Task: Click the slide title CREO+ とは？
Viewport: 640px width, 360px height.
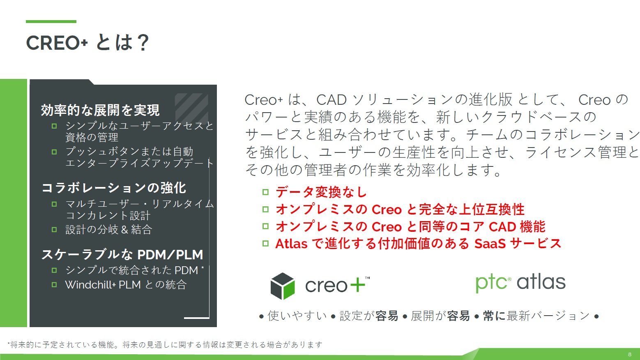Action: (87, 43)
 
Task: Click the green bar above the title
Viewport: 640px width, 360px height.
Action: (51, 21)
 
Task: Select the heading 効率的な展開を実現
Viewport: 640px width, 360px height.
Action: (100, 110)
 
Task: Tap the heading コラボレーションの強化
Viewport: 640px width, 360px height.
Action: (114, 188)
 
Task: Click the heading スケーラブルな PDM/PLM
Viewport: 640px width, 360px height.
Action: (122, 255)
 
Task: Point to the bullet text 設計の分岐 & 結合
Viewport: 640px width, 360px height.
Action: (108, 229)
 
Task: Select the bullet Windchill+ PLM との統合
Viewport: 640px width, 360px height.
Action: (126, 285)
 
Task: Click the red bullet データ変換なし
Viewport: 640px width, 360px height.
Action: (321, 192)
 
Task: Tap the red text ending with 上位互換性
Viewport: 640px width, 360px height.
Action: (400, 209)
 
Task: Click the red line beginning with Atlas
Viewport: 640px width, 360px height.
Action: (418, 244)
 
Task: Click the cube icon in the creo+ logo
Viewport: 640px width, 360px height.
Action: (283, 286)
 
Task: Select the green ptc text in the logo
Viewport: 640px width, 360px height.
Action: (491, 283)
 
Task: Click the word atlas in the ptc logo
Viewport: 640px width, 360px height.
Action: (541, 282)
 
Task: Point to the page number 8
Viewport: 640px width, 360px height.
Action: (630, 354)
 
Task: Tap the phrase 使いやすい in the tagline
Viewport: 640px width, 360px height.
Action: (297, 316)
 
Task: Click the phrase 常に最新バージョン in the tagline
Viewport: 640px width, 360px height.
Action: (536, 316)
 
